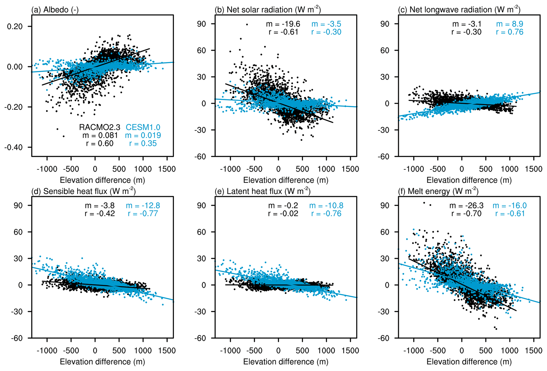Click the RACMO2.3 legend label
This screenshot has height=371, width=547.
100,127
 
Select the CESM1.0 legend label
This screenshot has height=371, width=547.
143,127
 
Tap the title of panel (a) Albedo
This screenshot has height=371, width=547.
55,10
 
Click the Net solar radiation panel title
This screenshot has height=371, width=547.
268,10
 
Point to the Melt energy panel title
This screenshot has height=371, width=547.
438,191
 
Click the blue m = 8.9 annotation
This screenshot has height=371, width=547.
509,24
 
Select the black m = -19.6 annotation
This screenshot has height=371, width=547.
283,24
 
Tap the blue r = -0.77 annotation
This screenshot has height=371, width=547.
143,214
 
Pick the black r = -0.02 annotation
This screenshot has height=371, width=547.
283,214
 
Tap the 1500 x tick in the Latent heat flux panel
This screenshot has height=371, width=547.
350,351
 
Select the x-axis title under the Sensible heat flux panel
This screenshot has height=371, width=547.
102,362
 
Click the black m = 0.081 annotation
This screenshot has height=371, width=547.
100,135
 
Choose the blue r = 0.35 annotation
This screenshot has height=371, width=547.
143,143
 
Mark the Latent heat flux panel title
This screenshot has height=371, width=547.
263,191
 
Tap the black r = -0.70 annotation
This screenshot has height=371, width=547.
466,214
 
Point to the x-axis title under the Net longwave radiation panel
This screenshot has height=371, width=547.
469,180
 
